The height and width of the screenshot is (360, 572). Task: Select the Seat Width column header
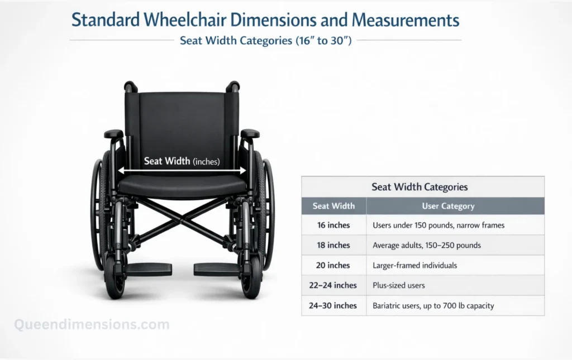click(x=333, y=206)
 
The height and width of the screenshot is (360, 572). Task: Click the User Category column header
click(x=448, y=206)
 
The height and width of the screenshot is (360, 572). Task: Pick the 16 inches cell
click(x=333, y=225)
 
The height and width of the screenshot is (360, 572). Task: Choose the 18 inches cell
click(x=333, y=245)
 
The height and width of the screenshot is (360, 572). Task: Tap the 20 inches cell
click(x=333, y=265)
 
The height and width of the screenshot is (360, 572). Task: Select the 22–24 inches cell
click(x=333, y=285)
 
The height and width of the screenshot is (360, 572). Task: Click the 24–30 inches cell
click(x=333, y=305)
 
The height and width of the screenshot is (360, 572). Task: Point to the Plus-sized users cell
click(x=398, y=285)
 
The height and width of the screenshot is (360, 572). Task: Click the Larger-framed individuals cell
click(x=414, y=265)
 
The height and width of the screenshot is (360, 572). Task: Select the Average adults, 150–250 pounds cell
click(x=426, y=245)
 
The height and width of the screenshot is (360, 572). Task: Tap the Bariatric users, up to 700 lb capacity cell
click(x=433, y=305)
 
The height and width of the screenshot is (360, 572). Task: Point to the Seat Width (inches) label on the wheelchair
click(x=182, y=161)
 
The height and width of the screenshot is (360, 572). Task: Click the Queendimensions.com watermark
click(x=92, y=324)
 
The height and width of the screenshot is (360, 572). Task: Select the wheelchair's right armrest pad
click(x=250, y=133)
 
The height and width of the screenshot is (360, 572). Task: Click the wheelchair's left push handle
click(x=130, y=86)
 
